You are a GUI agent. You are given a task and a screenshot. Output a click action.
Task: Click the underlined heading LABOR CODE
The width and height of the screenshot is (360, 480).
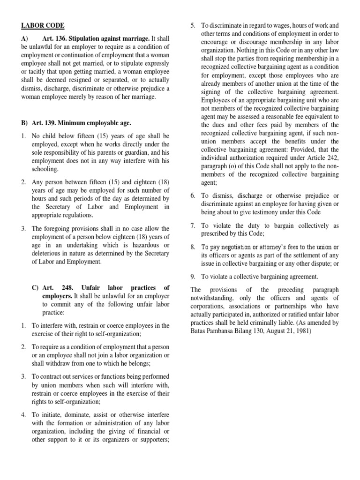(x=42, y=25)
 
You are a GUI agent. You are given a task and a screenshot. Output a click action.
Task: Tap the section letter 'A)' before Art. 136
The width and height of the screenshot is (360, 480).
(x=24, y=38)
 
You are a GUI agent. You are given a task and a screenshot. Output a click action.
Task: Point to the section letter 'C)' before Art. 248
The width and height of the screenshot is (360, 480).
(x=35, y=287)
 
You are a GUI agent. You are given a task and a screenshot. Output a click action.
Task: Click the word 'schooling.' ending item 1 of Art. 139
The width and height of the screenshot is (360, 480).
(x=45, y=169)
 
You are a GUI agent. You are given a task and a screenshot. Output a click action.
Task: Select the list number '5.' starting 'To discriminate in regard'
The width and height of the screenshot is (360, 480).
(x=193, y=25)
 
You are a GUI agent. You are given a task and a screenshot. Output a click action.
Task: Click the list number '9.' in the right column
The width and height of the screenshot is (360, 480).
(x=193, y=277)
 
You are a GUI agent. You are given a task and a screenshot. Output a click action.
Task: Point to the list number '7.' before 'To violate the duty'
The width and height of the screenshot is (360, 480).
(x=193, y=225)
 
